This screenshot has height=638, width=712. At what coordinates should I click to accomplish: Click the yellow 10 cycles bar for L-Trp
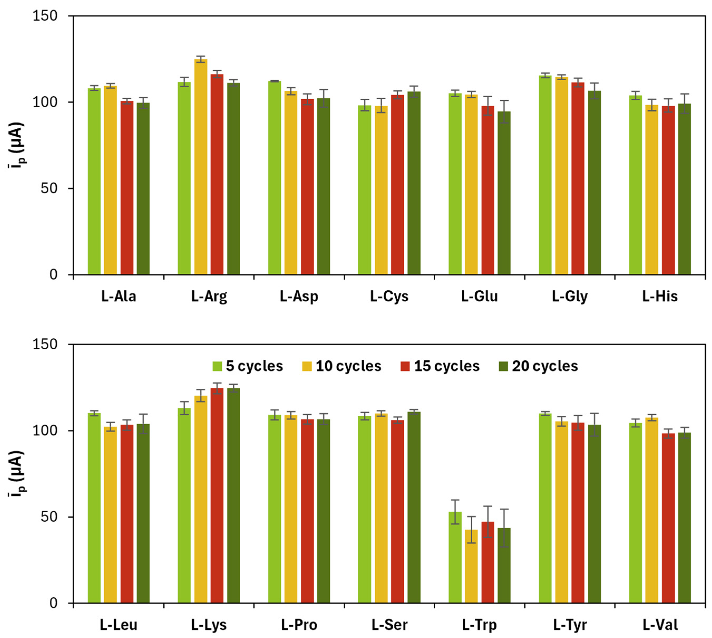coord(471,568)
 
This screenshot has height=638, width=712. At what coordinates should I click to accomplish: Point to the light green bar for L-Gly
coord(545,175)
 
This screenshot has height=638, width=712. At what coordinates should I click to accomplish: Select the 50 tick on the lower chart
coord(49,517)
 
